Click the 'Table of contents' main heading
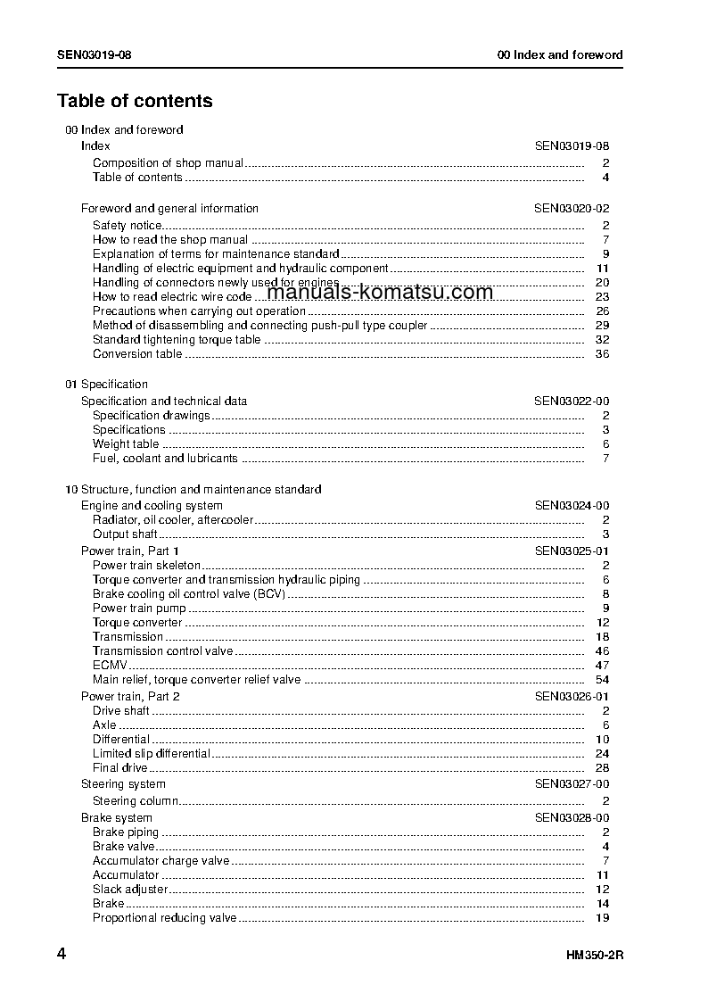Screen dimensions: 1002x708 135,101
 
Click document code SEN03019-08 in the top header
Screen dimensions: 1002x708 95,54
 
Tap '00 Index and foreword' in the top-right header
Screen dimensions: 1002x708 560,54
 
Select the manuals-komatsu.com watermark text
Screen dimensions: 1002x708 380,293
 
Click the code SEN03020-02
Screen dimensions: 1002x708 572,209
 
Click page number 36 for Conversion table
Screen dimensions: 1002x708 602,354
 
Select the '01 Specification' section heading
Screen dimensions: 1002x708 107,385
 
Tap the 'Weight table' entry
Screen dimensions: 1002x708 126,444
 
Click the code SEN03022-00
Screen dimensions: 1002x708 572,402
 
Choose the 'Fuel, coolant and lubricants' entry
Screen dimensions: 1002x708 165,459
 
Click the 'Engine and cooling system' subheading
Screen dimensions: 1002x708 152,506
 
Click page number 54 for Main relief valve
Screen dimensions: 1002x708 602,680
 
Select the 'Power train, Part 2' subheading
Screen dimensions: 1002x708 130,696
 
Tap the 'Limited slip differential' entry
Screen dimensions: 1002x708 152,754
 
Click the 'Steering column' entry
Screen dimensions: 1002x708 136,801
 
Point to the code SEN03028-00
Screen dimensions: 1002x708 572,818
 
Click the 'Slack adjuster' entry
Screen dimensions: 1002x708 130,890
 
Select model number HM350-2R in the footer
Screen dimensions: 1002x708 594,956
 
